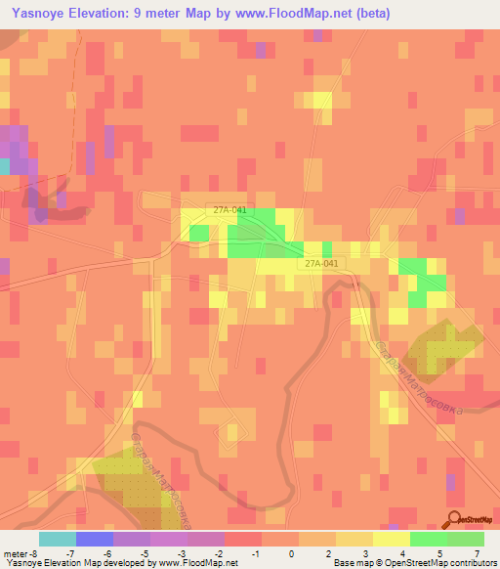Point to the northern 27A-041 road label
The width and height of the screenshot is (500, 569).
click(232, 208)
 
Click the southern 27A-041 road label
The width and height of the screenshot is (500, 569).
click(321, 263)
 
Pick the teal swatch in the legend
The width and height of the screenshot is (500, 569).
click(58, 539)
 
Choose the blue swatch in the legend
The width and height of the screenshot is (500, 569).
click(95, 539)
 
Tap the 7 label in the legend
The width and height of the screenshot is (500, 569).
click(478, 553)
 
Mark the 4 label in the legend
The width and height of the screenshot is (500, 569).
click(402, 553)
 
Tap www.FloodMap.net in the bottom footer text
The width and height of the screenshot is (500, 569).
click(199, 563)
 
